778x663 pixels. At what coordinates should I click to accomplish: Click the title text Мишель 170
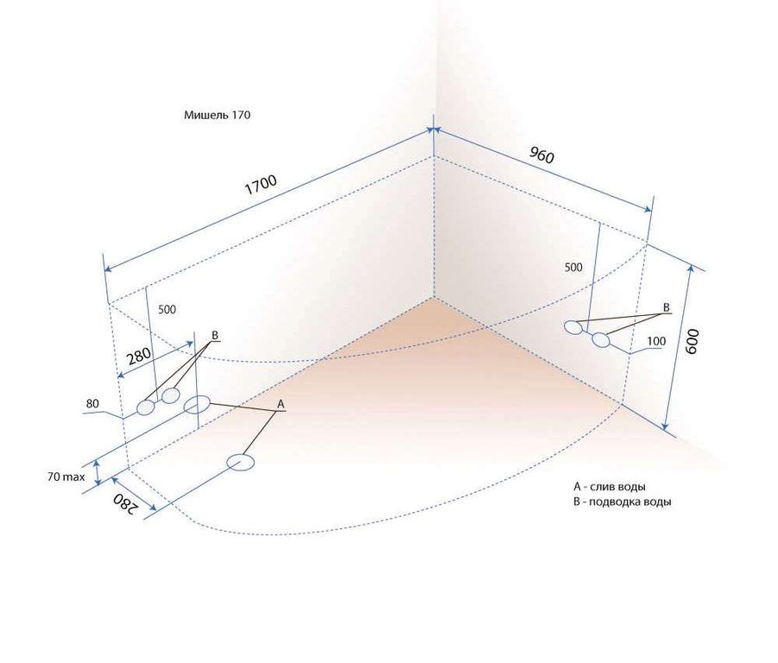tap(218, 115)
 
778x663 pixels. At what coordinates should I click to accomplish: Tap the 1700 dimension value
tap(261, 186)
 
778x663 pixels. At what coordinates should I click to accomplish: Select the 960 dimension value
tap(541, 155)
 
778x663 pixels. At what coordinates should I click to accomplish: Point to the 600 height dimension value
tap(692, 341)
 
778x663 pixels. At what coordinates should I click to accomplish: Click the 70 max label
tap(66, 477)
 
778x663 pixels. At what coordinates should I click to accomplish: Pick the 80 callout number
tap(92, 404)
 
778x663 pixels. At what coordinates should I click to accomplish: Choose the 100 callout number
tap(656, 341)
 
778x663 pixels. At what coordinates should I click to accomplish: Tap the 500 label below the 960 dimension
tap(573, 268)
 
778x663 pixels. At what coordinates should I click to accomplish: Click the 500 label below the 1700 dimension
tap(167, 309)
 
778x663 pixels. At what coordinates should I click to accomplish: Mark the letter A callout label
tap(281, 404)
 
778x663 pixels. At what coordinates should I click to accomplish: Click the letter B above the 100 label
tap(667, 307)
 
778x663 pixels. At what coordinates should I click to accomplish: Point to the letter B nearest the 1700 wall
tap(215, 335)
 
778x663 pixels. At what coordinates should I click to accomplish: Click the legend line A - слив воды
tap(610, 487)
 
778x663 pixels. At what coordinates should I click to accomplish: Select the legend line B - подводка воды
tap(623, 502)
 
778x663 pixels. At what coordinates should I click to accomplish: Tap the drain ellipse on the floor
tap(241, 462)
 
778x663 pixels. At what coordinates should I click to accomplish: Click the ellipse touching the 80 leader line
tap(146, 407)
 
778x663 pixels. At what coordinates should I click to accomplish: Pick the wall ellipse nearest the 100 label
tap(601, 340)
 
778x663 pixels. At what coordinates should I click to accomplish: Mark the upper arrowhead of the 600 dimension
tap(689, 269)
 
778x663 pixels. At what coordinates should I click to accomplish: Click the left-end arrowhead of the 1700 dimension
tap(109, 268)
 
